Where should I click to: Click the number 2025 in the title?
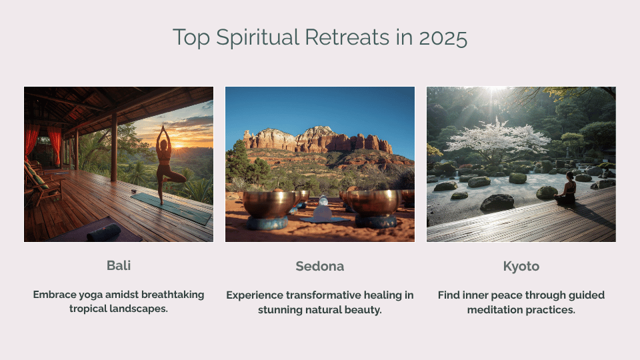(443, 37)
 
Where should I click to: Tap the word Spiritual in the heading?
(257, 38)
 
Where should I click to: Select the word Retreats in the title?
(347, 37)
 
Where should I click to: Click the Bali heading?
(119, 265)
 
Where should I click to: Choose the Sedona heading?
(319, 266)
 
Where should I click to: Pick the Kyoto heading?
(521, 267)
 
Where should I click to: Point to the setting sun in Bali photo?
(179, 144)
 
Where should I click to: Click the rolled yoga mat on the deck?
(104, 232)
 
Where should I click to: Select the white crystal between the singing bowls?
(323, 209)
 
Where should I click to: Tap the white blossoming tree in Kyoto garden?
(497, 139)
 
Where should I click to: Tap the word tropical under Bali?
(85, 309)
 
